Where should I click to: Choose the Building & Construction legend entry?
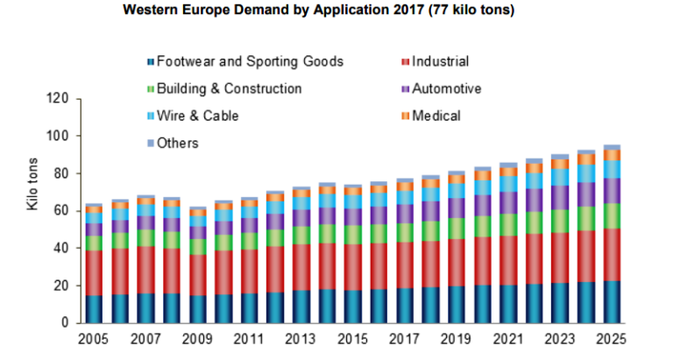point(228,88)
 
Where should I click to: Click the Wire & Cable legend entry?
point(196,116)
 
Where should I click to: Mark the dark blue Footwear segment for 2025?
point(613,302)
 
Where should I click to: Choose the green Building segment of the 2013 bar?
point(301,235)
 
